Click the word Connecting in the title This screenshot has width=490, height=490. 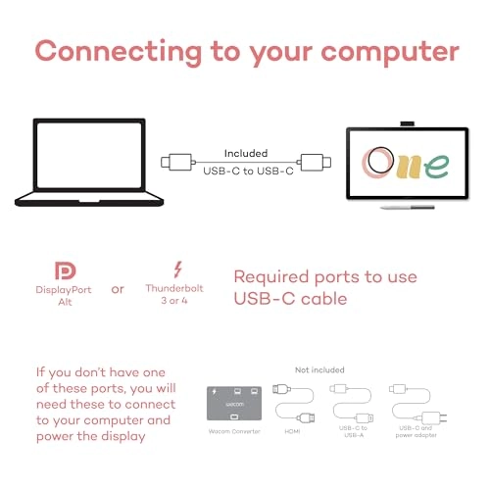[x=119, y=52]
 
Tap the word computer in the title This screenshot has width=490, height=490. [x=390, y=53]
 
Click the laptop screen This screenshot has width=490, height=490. [x=89, y=155]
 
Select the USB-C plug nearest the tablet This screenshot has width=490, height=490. [x=314, y=162]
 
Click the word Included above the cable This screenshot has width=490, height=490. [x=246, y=153]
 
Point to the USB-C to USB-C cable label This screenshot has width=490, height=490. [x=248, y=171]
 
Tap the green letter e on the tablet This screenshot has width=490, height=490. [x=437, y=166]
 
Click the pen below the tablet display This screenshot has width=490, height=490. [x=408, y=207]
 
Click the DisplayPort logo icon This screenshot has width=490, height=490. [x=66, y=270]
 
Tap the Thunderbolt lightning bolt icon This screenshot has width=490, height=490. [x=177, y=269]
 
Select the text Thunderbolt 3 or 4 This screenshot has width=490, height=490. [x=174, y=294]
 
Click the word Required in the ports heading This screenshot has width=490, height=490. [x=271, y=277]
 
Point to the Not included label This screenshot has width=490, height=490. [x=319, y=369]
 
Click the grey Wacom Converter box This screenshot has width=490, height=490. [x=234, y=404]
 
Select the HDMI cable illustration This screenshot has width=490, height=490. [x=293, y=403]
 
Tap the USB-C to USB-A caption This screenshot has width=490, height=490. [x=353, y=431]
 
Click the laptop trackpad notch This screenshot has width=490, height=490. [x=89, y=201]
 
